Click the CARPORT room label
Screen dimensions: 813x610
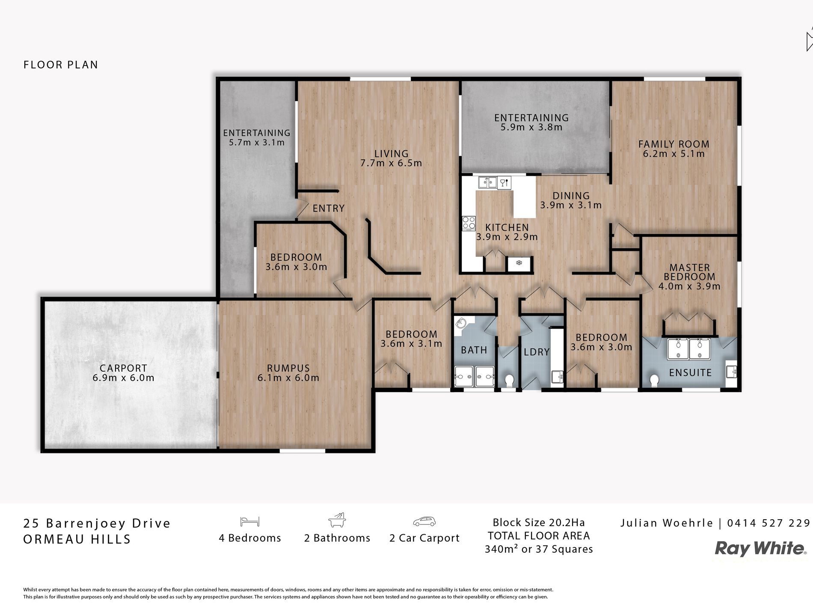pyautogui.click(x=123, y=368)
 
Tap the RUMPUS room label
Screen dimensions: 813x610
pyautogui.click(x=288, y=368)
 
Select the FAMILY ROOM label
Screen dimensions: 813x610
pyautogui.click(x=674, y=144)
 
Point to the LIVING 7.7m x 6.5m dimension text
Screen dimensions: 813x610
pyautogui.click(x=391, y=163)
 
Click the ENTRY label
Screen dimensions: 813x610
pyautogui.click(x=329, y=208)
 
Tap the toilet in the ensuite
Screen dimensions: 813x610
pyautogui.click(x=654, y=380)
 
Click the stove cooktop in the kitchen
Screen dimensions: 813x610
pyautogui.click(x=469, y=223)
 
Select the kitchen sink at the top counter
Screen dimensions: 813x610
pyautogui.click(x=487, y=183)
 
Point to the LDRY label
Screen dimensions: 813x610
pyautogui.click(x=537, y=352)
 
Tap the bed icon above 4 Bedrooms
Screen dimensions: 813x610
pyautogui.click(x=250, y=521)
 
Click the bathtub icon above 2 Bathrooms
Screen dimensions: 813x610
pyautogui.click(x=337, y=520)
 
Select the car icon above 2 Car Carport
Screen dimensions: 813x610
pyautogui.click(x=424, y=521)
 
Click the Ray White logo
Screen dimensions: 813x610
pyautogui.click(x=760, y=549)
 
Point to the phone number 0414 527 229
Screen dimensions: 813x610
pyautogui.click(x=768, y=523)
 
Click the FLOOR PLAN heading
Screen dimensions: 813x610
pyautogui.click(x=61, y=65)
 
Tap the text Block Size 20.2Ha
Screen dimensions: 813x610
pyautogui.click(x=539, y=523)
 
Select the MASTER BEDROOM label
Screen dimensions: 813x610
pyautogui.click(x=689, y=272)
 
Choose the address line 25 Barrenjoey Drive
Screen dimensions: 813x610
pyautogui.click(x=97, y=524)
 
